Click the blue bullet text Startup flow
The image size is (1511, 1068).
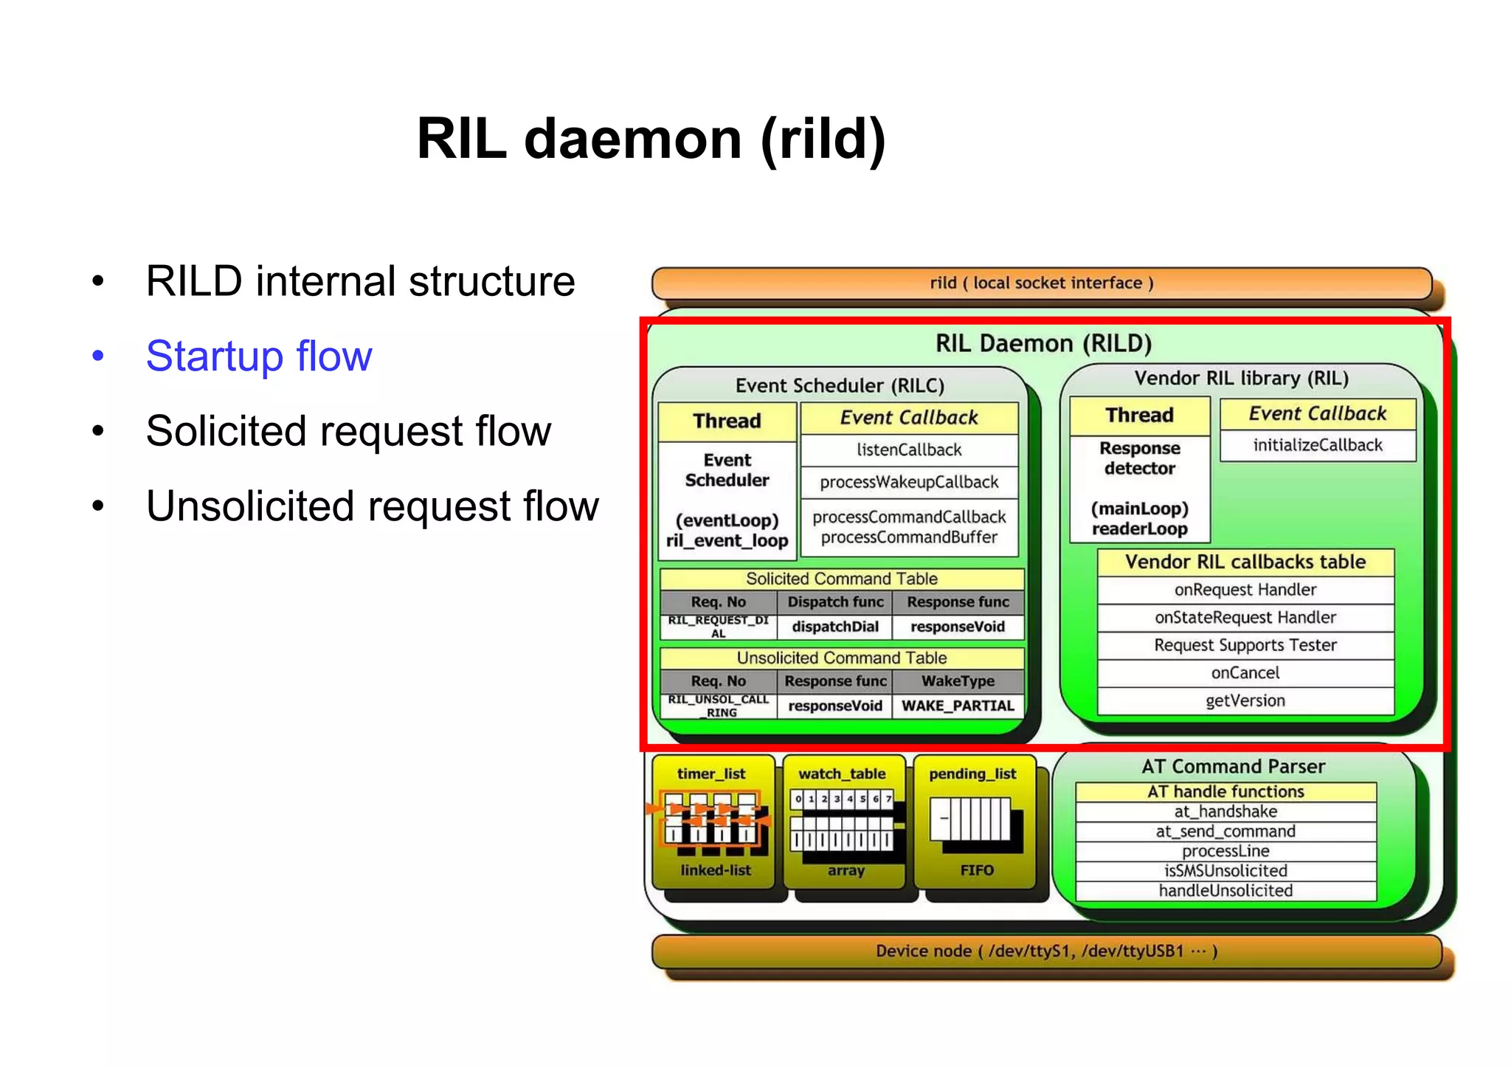[x=259, y=356]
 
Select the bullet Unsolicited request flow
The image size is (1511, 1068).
[x=372, y=506]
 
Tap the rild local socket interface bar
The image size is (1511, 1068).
[x=1041, y=283]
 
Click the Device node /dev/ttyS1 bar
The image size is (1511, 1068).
[x=1045, y=951]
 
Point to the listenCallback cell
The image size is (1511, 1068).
[x=909, y=449]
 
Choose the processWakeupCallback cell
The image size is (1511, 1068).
[x=909, y=482]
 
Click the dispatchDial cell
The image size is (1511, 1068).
[x=834, y=627]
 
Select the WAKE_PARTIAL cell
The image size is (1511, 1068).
[x=958, y=706]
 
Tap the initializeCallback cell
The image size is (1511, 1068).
[x=1317, y=445]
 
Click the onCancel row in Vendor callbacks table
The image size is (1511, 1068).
[x=1245, y=672]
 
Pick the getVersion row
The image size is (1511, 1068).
[x=1245, y=700]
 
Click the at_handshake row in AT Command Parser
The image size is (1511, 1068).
[x=1225, y=811]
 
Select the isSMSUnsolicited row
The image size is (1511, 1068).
[x=1225, y=871]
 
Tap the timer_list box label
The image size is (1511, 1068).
[x=711, y=774]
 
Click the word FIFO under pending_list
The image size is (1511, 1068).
[x=977, y=870]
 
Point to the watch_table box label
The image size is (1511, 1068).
[x=842, y=774]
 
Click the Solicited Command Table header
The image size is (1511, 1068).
[x=841, y=579]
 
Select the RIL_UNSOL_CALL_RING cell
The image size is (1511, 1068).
[x=718, y=706]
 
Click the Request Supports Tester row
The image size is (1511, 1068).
[x=1245, y=645]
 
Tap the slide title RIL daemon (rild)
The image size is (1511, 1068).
[x=651, y=139]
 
